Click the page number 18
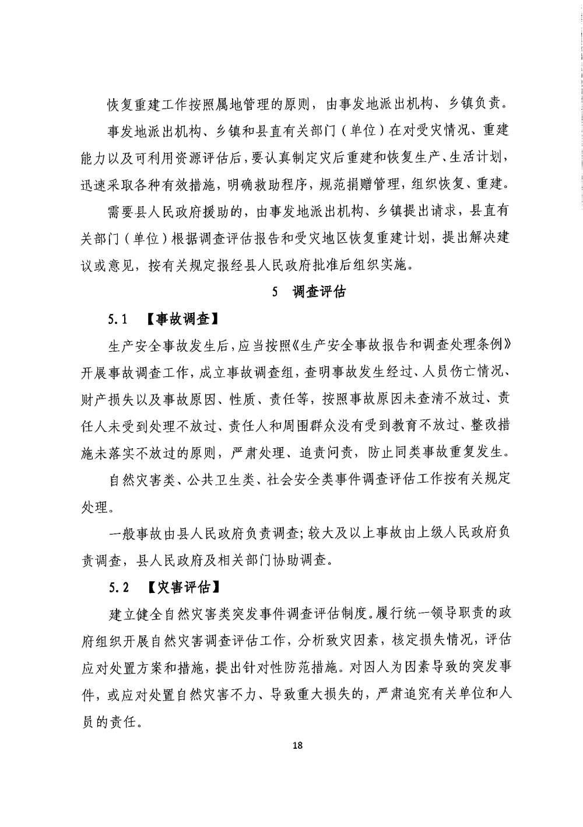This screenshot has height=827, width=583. pyautogui.click(x=298, y=745)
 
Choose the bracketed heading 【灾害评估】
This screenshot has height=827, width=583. pyautogui.click(x=182, y=586)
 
